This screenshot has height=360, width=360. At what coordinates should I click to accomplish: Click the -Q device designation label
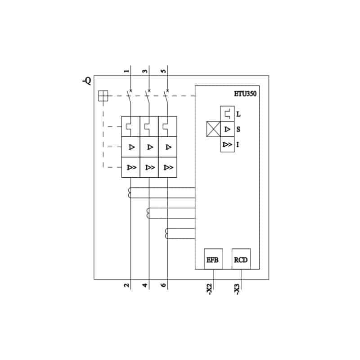[x=87, y=81]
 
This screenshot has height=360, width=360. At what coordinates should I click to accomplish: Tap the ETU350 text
[x=245, y=94]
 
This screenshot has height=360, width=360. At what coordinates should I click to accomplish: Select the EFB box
[x=213, y=259]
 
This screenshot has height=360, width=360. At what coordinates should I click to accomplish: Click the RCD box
[x=241, y=259]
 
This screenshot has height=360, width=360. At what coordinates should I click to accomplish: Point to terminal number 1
[x=126, y=71]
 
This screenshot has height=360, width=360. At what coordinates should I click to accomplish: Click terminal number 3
[x=145, y=71]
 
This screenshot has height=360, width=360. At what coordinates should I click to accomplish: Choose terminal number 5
[x=163, y=71]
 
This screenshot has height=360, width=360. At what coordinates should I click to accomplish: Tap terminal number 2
[x=126, y=285]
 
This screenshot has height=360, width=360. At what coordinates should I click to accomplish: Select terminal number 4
[x=145, y=285]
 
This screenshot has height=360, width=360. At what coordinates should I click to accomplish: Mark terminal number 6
[x=163, y=285]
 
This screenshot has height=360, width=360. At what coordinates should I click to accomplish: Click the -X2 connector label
[x=209, y=289]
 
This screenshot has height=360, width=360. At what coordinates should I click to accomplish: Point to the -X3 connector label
[x=237, y=289]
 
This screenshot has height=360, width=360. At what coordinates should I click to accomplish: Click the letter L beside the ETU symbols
[x=238, y=114]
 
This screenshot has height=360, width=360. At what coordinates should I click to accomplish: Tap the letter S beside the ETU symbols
[x=238, y=129]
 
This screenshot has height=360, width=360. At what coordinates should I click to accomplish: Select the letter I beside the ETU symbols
[x=238, y=144]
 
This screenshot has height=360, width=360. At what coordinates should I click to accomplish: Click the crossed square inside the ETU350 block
[x=213, y=129]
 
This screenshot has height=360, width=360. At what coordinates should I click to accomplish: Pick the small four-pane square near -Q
[x=103, y=96]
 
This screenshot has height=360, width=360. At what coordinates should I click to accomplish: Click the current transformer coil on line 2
[x=129, y=193]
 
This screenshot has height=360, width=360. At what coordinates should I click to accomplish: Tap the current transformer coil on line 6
[x=166, y=234]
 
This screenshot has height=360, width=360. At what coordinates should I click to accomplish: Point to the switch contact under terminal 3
[x=148, y=98]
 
